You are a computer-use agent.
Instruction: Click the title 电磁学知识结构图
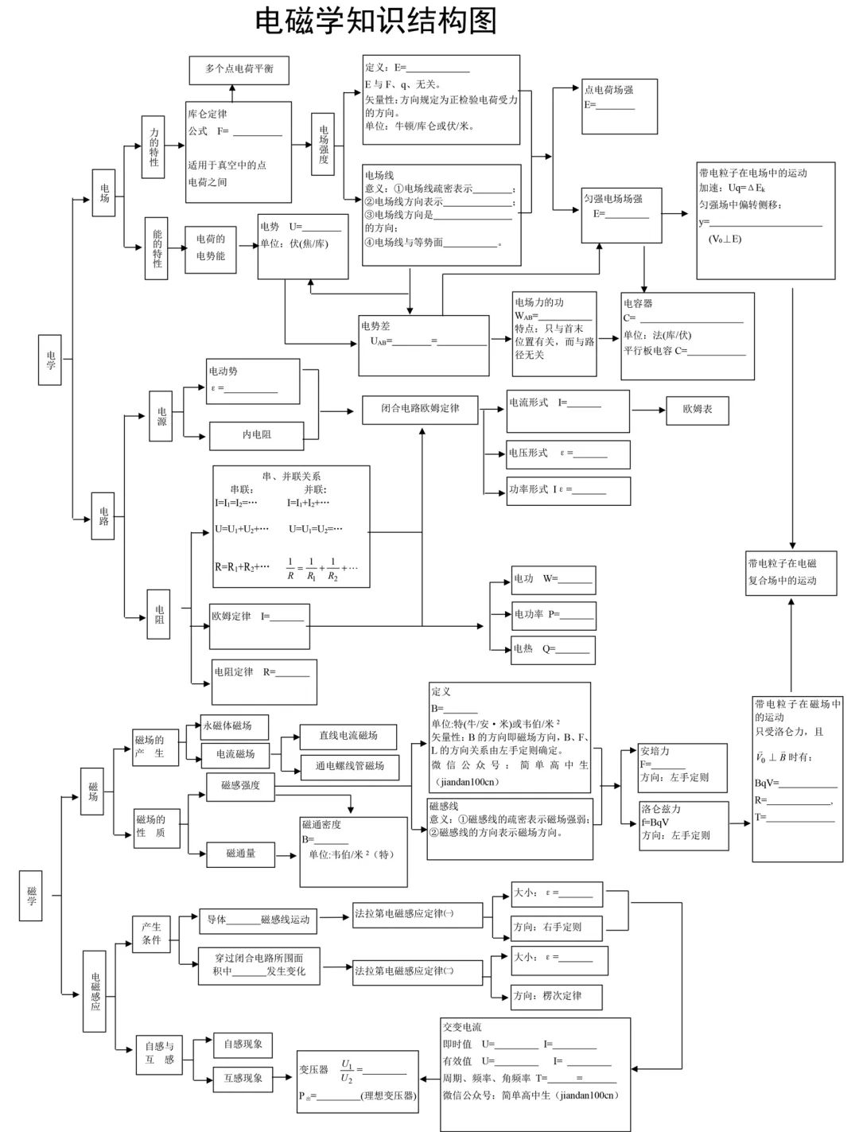pos(375,21)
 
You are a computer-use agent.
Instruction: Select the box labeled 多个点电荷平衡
pos(239,70)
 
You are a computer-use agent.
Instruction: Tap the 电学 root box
pos(50,360)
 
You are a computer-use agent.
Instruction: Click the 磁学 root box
pos(31,896)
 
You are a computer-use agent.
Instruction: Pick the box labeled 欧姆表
pos(697,410)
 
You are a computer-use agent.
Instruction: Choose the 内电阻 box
pos(256,435)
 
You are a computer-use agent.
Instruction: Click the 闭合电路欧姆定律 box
pos(420,409)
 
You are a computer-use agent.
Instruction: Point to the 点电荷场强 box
pos(620,106)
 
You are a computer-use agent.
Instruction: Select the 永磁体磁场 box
pos(234,726)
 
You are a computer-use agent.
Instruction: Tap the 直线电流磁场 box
pos(348,736)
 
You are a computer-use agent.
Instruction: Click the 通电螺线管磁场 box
pos(349,766)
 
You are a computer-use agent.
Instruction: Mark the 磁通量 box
pos(241,854)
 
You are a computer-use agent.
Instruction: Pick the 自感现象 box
pos(243,1044)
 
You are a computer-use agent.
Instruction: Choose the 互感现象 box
pos(243,1078)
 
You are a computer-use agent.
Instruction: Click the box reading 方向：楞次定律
pos(557,996)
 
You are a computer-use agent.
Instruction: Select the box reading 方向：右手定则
pos(557,927)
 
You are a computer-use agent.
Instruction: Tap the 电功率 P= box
pos(553,615)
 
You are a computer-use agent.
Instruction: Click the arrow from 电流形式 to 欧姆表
pos(647,410)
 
